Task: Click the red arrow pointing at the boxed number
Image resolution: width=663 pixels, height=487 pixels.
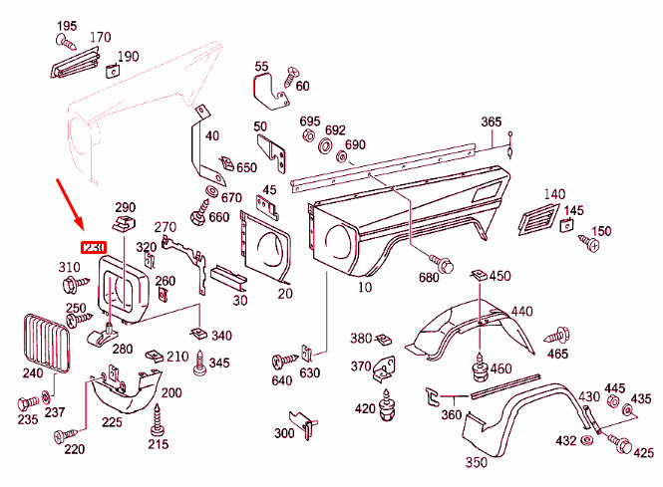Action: (70, 203)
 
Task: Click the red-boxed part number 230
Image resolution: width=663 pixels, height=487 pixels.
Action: (94, 248)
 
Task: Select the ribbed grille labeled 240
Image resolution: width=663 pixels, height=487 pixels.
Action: (46, 344)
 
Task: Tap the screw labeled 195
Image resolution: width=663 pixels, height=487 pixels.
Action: (66, 42)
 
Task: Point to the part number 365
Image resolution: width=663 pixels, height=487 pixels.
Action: (491, 122)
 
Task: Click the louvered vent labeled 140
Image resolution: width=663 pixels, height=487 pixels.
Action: (538, 219)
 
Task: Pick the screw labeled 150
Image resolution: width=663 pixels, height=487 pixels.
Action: (588, 242)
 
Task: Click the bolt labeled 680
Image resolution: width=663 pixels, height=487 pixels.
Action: (441, 263)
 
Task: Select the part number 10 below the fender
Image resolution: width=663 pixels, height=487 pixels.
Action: (365, 287)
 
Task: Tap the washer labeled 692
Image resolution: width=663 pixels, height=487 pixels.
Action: (325, 145)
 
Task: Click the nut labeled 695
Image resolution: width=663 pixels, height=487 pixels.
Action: (308, 136)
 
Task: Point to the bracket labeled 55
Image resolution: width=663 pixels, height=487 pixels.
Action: (271, 92)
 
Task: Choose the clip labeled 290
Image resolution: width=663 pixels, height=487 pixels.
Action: (124, 223)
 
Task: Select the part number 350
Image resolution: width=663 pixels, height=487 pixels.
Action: (477, 462)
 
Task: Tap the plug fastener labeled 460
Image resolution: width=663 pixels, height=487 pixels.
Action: (480, 367)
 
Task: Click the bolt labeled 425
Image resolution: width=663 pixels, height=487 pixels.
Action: (619, 443)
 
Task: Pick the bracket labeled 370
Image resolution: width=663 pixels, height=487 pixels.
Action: (384, 369)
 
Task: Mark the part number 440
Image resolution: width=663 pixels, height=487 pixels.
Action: (521, 312)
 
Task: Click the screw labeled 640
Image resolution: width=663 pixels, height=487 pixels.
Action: (284, 361)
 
